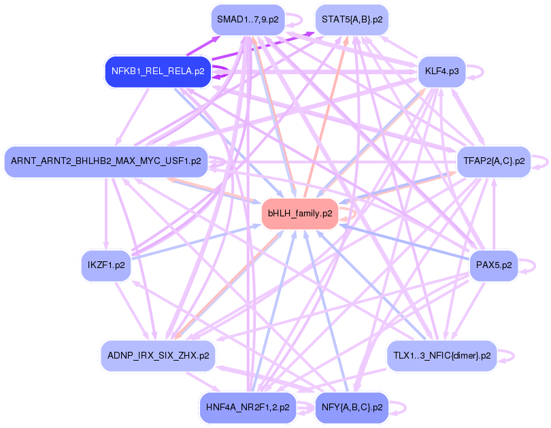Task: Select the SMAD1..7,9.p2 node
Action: (x=247, y=20)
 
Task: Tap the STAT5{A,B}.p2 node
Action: (x=352, y=20)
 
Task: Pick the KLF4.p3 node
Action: (x=441, y=71)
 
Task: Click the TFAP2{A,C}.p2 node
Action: (x=493, y=161)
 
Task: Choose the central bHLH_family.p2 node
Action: (x=300, y=214)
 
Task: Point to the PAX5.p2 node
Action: (x=494, y=265)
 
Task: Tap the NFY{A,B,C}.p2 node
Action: (x=352, y=408)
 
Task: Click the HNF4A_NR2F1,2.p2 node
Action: (x=248, y=408)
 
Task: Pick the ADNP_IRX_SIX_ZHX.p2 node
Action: (x=158, y=355)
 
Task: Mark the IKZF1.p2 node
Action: (x=105, y=265)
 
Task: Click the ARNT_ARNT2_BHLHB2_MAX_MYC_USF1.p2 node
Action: (x=105, y=161)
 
